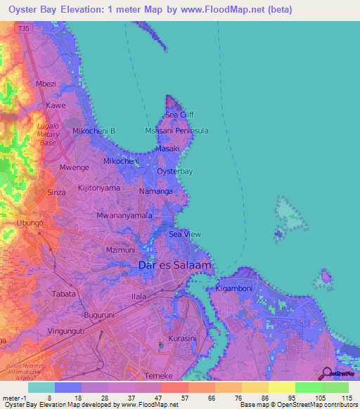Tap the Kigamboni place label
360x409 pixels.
[x=233, y=289]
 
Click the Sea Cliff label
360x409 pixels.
[x=179, y=115]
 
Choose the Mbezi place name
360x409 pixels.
[x=46, y=84]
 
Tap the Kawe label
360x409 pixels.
[x=56, y=105]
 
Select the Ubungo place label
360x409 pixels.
[x=30, y=223]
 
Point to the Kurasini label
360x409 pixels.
[x=183, y=338]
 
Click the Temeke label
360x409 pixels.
[x=157, y=376]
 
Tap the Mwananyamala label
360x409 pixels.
[x=124, y=216]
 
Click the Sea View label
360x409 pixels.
[x=186, y=234]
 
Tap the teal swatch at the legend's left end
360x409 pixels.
[x=41, y=387]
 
